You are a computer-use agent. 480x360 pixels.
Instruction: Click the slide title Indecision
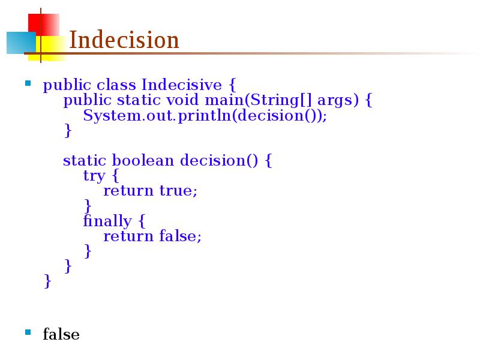(x=124, y=41)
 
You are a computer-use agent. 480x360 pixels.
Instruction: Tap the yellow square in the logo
(x=53, y=48)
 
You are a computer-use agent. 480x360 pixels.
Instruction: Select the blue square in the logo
(x=20, y=43)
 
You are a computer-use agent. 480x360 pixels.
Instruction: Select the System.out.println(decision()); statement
(x=205, y=115)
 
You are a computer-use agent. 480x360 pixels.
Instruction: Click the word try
(x=94, y=176)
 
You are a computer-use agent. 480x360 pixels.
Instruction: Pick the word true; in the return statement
(x=178, y=191)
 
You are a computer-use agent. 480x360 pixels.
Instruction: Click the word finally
(x=107, y=221)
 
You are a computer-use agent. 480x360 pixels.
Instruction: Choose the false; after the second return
(x=181, y=236)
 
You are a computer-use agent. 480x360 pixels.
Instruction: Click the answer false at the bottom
(x=61, y=334)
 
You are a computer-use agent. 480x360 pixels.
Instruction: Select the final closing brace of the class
(x=47, y=281)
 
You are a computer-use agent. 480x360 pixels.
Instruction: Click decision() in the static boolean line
(x=219, y=161)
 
